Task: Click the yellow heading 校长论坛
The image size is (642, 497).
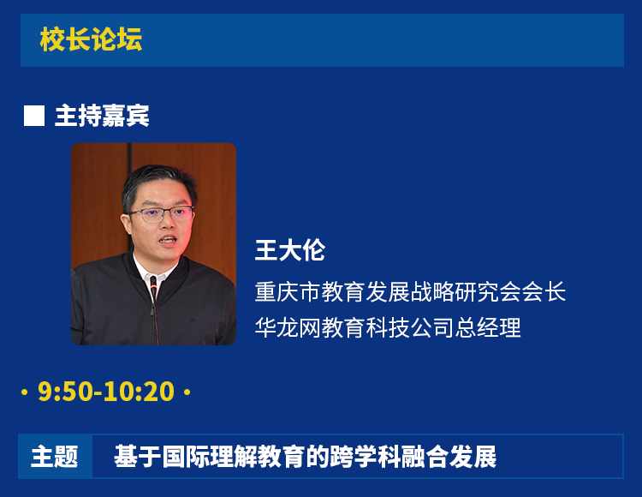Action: (x=91, y=39)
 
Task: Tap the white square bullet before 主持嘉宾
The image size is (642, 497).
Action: (x=34, y=116)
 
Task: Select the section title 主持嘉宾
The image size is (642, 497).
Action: (x=102, y=116)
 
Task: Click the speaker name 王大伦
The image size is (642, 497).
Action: (x=290, y=250)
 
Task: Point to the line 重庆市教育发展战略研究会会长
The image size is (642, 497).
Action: (x=410, y=291)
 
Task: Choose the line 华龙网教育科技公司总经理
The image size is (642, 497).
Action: (x=388, y=327)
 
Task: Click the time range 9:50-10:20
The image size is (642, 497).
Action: (x=106, y=392)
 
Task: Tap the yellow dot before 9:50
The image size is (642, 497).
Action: (x=24, y=392)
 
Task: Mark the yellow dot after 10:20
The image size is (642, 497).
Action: (x=187, y=392)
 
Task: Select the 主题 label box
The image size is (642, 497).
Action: (x=55, y=457)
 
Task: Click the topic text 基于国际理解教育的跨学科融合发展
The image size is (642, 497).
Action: (x=305, y=457)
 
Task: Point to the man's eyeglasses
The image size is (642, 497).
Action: (x=161, y=214)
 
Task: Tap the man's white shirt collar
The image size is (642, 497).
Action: (x=151, y=273)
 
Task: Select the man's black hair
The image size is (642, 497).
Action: (x=158, y=184)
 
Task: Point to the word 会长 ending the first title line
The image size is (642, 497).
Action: (x=544, y=291)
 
